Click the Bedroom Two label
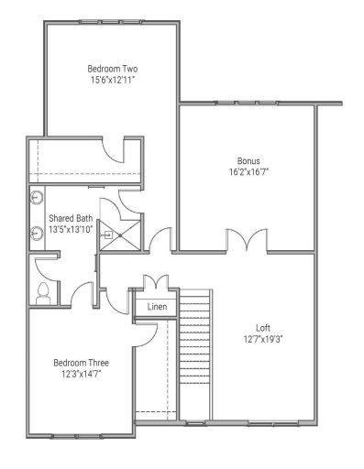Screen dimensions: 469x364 (x=112, y=69)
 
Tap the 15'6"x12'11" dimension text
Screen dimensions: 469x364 (x=112, y=81)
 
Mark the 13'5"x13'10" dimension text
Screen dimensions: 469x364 (x=71, y=229)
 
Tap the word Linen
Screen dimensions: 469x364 (x=157, y=307)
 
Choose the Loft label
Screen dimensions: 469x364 (x=263, y=326)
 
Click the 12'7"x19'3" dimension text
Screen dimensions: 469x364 (x=263, y=338)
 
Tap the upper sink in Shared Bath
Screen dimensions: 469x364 (x=38, y=196)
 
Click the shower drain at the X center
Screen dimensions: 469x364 (x=120, y=234)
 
